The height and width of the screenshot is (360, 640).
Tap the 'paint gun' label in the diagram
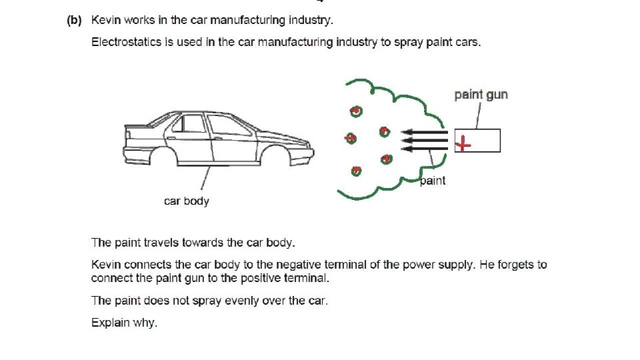481,95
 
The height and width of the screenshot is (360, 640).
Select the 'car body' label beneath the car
187,201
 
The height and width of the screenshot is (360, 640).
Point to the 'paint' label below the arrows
433,181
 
